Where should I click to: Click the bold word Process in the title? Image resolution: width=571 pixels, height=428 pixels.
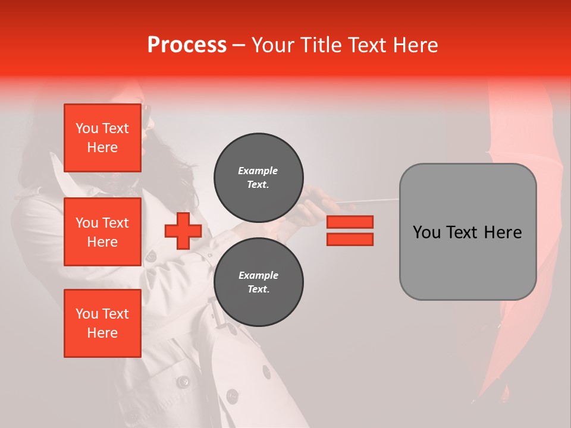pyautogui.click(x=187, y=45)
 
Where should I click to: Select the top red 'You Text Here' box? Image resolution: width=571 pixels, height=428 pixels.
pyautogui.click(x=102, y=138)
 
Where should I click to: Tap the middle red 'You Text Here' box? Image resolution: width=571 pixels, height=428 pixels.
pyautogui.click(x=102, y=232)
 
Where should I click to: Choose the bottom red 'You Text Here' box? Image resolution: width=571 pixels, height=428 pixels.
pyautogui.click(x=102, y=323)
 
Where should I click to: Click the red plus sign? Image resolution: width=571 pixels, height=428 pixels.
pyautogui.click(x=183, y=231)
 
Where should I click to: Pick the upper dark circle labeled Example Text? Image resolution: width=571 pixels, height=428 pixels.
pyautogui.click(x=258, y=177)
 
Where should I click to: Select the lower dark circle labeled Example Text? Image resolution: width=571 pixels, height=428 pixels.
pyautogui.click(x=258, y=282)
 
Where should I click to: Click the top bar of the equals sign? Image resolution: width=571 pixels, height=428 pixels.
pyautogui.click(x=350, y=222)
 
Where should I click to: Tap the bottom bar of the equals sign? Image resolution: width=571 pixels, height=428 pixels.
pyautogui.click(x=350, y=239)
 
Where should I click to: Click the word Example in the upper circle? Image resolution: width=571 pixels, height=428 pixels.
pyautogui.click(x=258, y=171)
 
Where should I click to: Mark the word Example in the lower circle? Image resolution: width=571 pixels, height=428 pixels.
pyautogui.click(x=258, y=275)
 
